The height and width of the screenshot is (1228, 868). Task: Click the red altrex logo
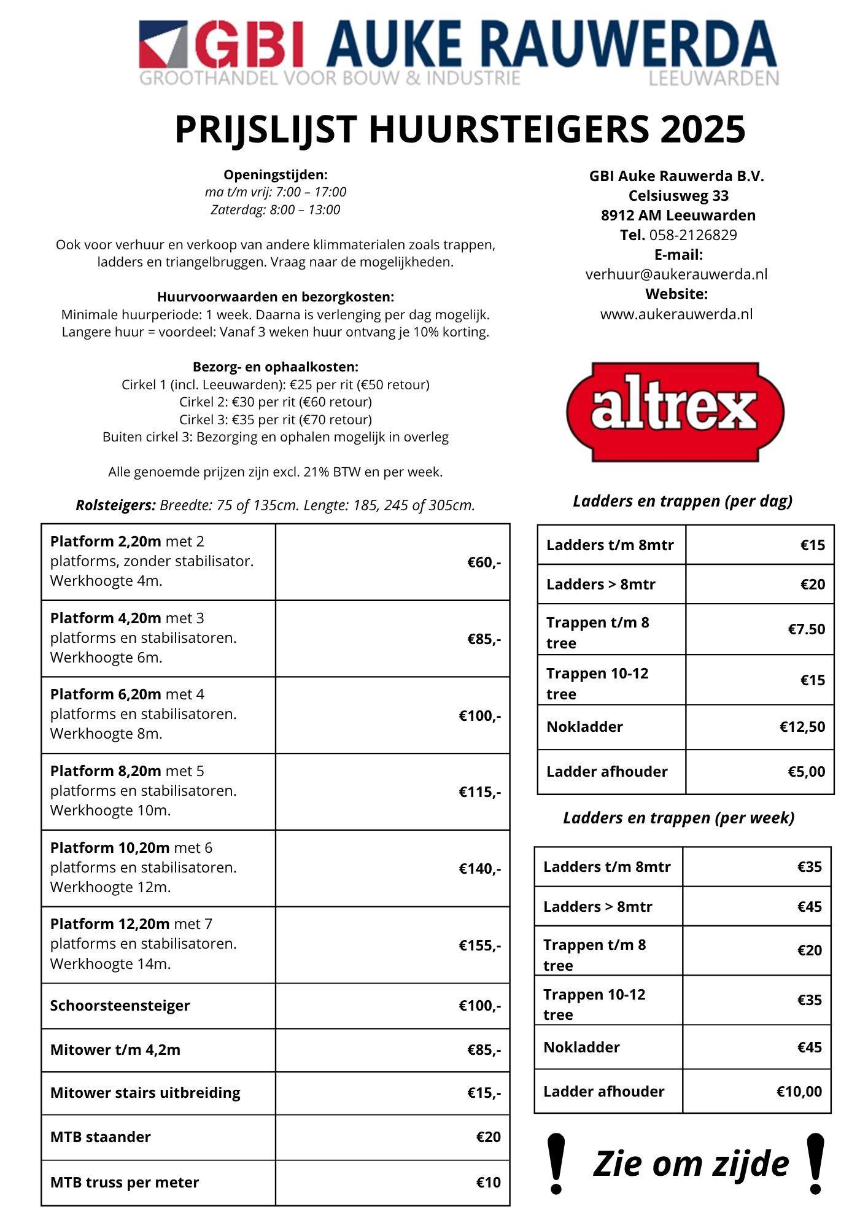(x=675, y=411)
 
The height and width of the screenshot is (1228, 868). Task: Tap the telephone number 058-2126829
(x=692, y=235)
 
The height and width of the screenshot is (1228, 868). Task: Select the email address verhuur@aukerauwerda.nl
(x=676, y=274)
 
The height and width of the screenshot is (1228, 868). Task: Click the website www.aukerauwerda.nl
(x=676, y=314)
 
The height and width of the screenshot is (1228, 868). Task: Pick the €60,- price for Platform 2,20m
(x=484, y=562)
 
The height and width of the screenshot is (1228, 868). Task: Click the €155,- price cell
(x=479, y=946)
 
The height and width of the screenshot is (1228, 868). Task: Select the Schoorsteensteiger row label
(x=120, y=1006)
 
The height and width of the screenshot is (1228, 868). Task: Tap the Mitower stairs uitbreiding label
(x=145, y=1093)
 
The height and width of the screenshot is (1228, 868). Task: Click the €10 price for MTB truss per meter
(x=488, y=1183)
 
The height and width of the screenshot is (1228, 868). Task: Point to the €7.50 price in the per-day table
(x=806, y=629)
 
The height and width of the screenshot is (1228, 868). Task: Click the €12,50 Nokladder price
(x=802, y=727)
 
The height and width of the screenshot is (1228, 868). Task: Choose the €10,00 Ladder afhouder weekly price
(x=799, y=1091)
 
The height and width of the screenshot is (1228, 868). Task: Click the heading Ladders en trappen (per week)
(x=678, y=818)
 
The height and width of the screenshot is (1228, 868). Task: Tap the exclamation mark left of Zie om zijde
(x=556, y=1164)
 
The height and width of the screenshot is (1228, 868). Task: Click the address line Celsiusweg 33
(x=678, y=196)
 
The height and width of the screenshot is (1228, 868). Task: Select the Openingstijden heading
(x=275, y=174)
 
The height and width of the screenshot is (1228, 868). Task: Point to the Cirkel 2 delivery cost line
(x=275, y=402)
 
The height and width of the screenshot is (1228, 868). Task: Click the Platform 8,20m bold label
(x=106, y=771)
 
